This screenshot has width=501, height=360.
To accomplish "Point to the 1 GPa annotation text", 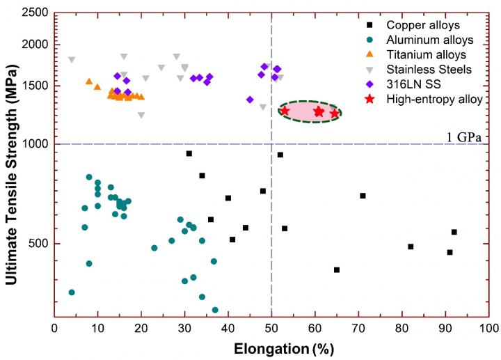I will pyautogui.click(x=464, y=136).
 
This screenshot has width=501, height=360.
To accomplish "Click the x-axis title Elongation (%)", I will pyautogui.click(x=272, y=345).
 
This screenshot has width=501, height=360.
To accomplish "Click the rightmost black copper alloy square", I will pyautogui.click(x=454, y=232).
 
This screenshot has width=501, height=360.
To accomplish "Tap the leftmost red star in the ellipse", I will pyautogui.click(x=285, y=111).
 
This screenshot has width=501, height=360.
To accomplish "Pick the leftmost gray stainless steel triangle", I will pyautogui.click(x=72, y=60).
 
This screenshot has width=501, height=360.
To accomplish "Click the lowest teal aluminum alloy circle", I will pyautogui.click(x=215, y=310).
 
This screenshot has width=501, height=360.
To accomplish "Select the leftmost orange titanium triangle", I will pyautogui.click(x=89, y=81).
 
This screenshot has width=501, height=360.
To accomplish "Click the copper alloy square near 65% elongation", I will pyautogui.click(x=337, y=269).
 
